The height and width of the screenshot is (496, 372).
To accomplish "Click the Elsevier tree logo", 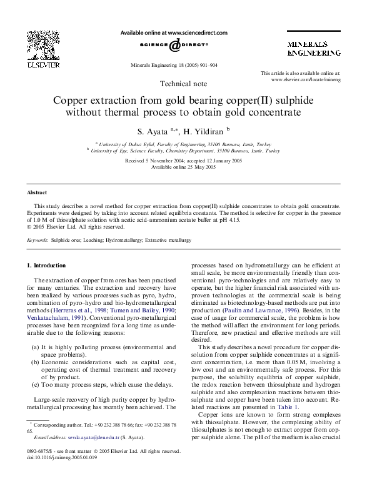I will [x=39, y=45].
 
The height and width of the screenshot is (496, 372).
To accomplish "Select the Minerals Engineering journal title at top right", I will [x=313, y=50].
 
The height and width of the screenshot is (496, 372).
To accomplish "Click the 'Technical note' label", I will [x=184, y=84].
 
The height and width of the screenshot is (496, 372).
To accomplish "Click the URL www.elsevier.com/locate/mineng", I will [x=306, y=80].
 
